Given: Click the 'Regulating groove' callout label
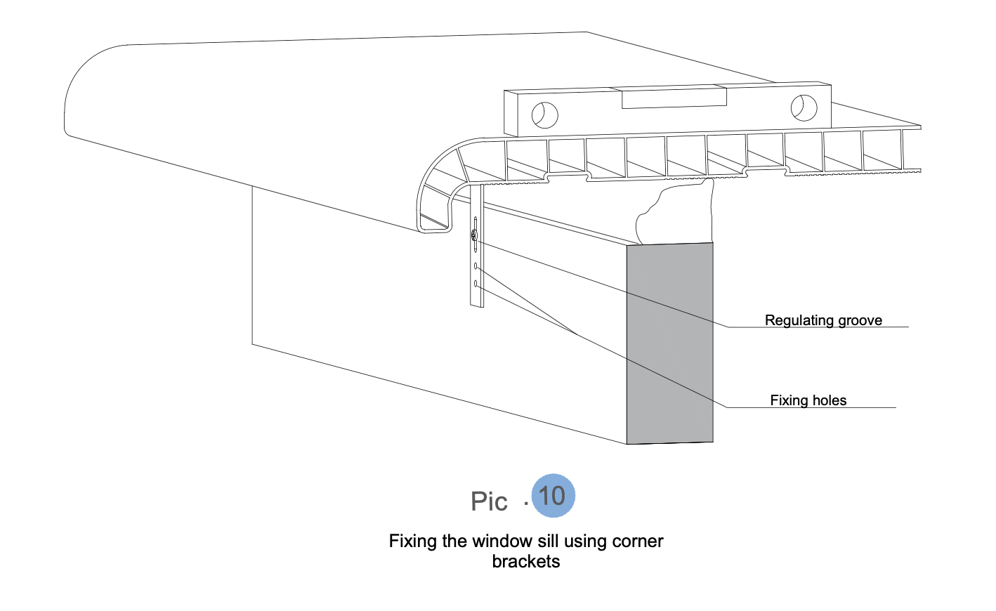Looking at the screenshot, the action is pos(823,321).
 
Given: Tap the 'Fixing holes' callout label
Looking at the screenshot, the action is pos(808,401).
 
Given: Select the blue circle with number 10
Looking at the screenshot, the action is pos(553,496).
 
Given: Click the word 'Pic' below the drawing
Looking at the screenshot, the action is pos(489,501).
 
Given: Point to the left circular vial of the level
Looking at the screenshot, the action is pos(544,116).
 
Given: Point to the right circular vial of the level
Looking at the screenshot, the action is pos(804,108).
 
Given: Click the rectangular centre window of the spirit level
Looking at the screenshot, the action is pos(674,98).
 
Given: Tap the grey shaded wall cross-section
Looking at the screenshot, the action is pos(670,343).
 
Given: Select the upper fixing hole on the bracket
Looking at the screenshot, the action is pos(476,266).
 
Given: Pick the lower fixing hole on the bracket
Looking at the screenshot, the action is pos(476,284).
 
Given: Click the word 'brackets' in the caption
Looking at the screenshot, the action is pos(525,562).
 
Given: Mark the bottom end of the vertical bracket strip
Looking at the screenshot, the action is pos(477,305).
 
